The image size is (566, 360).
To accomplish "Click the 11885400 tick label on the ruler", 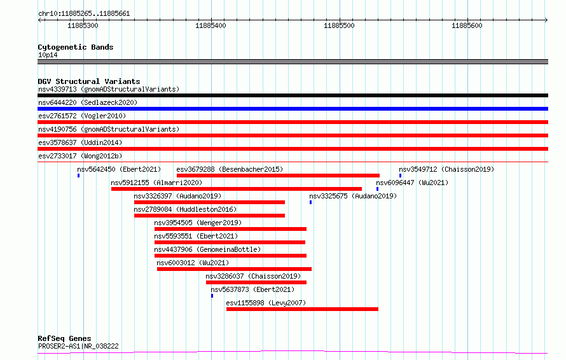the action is [211, 25].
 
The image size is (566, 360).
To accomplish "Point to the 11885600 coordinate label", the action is [467, 25].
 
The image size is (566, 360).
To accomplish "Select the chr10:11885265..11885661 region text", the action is [84, 14].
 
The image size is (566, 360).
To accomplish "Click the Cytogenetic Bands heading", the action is [76, 47].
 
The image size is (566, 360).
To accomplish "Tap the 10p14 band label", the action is [48, 55].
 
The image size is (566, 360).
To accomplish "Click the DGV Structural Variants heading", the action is [89, 81].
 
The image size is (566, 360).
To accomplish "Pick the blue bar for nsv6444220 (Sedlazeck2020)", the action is [293, 109].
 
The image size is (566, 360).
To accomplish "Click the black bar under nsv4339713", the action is [293, 95].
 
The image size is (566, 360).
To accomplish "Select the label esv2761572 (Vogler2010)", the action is [82, 116].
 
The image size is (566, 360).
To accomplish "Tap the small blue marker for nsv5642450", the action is [78, 176].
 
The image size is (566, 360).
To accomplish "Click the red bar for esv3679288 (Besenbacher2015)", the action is [278, 176].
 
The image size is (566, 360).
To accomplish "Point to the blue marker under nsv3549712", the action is [400, 176].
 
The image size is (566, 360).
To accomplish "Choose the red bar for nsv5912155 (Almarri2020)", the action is [237, 189].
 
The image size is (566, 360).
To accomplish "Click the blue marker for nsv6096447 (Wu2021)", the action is [378, 189].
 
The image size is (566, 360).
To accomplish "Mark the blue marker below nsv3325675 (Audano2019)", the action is [311, 202].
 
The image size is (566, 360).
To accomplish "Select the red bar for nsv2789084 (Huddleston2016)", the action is [209, 216].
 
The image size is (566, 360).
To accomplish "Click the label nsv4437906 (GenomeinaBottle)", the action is [207, 249].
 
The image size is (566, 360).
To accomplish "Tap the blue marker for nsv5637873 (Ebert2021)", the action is [212, 296].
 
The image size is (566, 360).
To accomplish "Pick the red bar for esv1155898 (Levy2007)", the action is [302, 309].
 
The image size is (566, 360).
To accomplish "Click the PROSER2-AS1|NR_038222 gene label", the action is [78, 346].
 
